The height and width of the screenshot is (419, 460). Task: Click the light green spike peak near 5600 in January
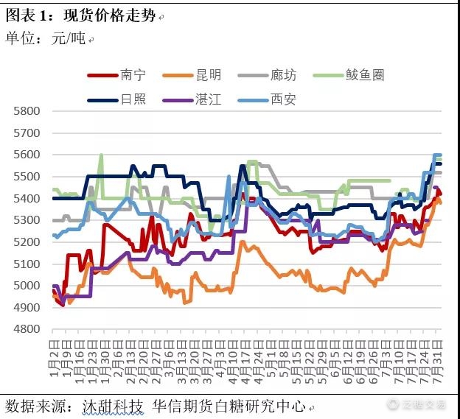point(101,155)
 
